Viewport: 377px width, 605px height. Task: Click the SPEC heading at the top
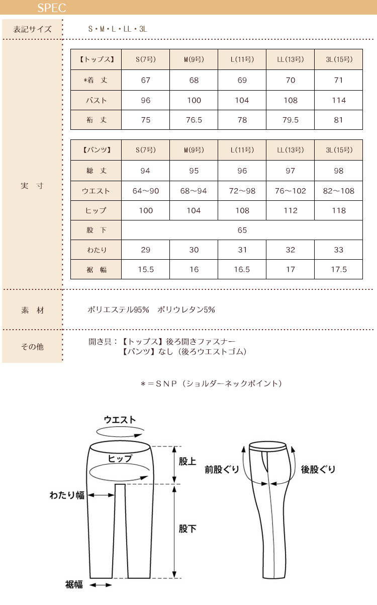tap(51, 9)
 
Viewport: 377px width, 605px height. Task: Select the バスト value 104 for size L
tap(242, 100)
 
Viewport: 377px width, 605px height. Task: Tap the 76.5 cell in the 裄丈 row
tap(194, 120)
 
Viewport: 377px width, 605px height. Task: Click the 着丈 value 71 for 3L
tap(339, 80)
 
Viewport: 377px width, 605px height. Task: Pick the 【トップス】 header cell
tap(96, 59)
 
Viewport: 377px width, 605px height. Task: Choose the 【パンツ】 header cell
tap(96, 150)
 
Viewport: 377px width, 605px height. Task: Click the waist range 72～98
tap(242, 191)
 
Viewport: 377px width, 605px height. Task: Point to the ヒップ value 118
tap(339, 211)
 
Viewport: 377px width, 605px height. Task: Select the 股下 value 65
tap(242, 231)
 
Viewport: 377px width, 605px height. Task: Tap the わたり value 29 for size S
tap(146, 250)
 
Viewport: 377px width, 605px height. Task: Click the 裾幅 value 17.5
tap(339, 269)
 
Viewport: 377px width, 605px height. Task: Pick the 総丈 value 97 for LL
tap(291, 171)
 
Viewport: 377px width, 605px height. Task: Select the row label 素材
tap(32, 310)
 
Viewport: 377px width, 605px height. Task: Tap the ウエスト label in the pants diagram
tap(120, 420)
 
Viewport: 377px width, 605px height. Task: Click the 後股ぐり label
tap(318, 470)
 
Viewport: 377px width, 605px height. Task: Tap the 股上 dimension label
tap(187, 461)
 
